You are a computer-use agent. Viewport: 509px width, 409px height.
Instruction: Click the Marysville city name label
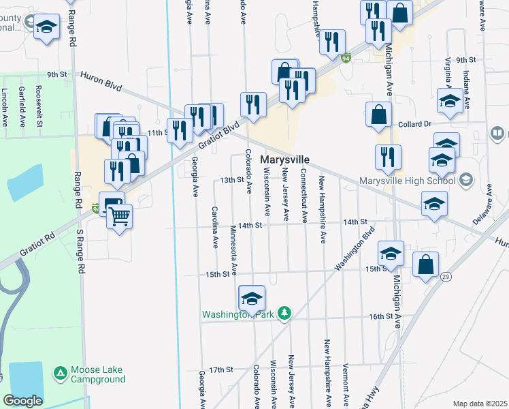284,160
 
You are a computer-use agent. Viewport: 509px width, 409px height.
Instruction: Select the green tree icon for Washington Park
285,314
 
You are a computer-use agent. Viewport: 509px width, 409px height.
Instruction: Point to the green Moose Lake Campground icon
61,373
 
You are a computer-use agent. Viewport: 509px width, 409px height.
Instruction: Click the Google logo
22,401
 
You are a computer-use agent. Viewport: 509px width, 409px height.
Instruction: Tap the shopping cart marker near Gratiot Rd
120,217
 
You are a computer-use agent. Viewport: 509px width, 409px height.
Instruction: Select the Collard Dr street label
414,124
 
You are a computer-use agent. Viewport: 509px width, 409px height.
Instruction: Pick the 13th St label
231,180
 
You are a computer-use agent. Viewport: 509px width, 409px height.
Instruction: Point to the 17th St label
221,369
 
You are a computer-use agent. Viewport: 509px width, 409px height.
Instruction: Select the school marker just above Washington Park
252,298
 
